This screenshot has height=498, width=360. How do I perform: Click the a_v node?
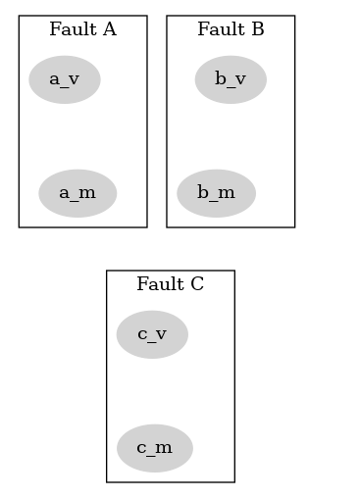point(65,79)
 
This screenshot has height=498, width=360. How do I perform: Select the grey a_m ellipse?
point(77,193)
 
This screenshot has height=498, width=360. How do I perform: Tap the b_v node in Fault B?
point(231,79)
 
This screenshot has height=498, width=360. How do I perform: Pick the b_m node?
point(216,193)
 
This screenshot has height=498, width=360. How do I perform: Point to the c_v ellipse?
point(152,334)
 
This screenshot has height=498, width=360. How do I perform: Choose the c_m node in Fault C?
point(154,448)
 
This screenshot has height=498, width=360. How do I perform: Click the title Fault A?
point(82,29)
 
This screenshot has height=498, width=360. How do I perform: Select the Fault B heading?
point(231,29)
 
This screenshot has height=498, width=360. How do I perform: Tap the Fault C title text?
point(170,284)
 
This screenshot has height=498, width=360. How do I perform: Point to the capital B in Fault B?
point(257,29)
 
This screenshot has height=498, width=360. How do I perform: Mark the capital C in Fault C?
point(197,284)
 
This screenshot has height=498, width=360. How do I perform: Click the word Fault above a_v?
point(71,29)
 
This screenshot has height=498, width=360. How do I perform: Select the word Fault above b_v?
point(219,29)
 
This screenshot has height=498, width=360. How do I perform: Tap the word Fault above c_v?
point(158,284)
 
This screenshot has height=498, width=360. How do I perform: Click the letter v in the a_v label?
point(75,80)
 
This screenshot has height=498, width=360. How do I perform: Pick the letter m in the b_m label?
point(227,194)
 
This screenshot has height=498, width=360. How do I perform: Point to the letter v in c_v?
point(161,335)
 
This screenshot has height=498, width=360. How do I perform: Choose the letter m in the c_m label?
point(165,449)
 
